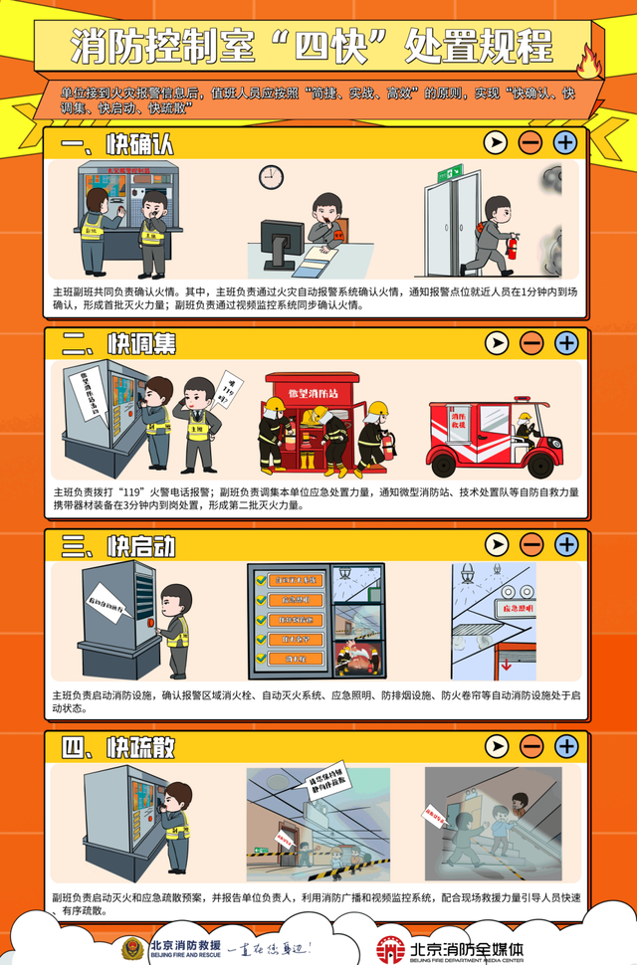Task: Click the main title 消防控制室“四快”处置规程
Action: pyautogui.click(x=311, y=45)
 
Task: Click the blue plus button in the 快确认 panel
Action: pyautogui.click(x=565, y=142)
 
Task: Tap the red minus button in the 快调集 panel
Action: pyautogui.click(x=531, y=343)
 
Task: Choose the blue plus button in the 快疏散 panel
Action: pyautogui.click(x=565, y=745)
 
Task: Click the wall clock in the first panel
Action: pyautogui.click(x=271, y=177)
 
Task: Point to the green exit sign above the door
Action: pyautogui.click(x=454, y=172)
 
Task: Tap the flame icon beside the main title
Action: pyautogui.click(x=589, y=61)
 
